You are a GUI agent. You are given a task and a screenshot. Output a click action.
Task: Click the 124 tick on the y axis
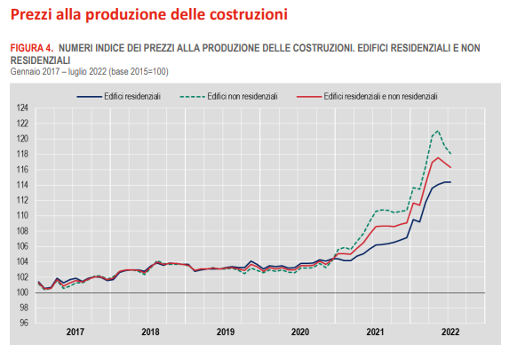pos(24,108)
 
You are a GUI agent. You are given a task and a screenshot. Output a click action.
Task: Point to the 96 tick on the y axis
pos(26,323)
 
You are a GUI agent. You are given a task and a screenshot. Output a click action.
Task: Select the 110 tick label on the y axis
pos(24,216)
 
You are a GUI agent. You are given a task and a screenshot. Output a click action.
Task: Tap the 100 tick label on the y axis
pos(24,292)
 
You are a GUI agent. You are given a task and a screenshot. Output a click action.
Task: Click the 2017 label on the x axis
pos(76,332)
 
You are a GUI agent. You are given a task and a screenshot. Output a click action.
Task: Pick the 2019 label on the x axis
pos(226,332)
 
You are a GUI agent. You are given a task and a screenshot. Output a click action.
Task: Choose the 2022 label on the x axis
pos(449,332)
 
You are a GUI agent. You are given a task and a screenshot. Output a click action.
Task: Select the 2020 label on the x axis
pos(300,332)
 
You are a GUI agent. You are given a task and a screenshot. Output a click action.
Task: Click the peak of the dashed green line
pos(437,131)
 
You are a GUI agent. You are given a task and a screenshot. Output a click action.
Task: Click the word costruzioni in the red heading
pos(245,14)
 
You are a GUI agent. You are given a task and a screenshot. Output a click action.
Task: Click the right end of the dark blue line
pos(450,182)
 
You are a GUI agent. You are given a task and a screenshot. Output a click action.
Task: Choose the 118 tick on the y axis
pos(24,155)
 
